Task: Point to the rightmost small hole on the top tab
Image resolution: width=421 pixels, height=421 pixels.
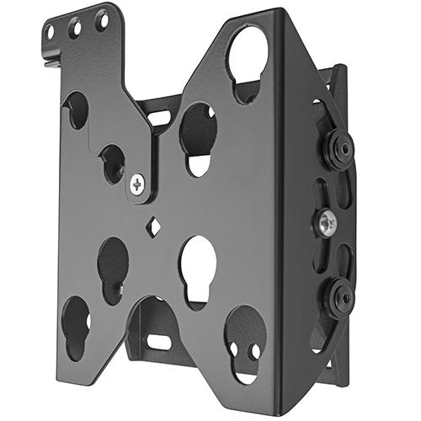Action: pyautogui.click(x=102, y=18)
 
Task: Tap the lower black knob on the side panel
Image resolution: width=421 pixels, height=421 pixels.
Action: pyautogui.click(x=338, y=296)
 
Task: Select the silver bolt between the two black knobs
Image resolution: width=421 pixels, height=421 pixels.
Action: pyautogui.click(x=328, y=221)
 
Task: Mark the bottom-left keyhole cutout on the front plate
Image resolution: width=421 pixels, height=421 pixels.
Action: pyautogui.click(x=76, y=324)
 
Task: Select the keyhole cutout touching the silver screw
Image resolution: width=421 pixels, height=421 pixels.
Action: pyautogui.click(x=113, y=163)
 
